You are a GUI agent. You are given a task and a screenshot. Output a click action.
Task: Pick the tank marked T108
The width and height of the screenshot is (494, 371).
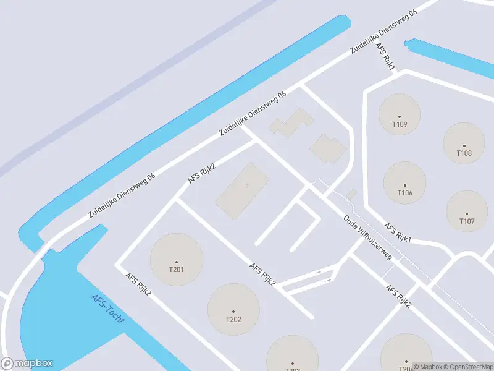coord(464,143)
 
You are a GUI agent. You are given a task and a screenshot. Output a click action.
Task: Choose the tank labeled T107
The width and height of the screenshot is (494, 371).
coord(467,211)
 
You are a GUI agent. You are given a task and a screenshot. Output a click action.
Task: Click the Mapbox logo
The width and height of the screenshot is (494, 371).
coord(27,364)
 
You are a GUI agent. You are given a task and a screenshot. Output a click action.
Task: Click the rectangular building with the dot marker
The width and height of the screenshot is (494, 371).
coord(243,190)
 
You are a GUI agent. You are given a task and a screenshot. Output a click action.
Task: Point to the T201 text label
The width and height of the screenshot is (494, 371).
coord(176,268)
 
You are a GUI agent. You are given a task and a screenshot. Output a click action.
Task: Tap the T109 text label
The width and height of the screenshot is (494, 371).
coord(400,124)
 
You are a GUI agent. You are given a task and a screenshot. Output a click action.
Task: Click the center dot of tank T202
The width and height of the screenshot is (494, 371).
coord(233,311)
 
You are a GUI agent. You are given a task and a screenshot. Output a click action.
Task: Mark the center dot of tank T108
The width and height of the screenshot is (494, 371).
coord(464,146)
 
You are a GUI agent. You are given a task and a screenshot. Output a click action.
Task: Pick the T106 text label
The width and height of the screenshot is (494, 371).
coord(405,193)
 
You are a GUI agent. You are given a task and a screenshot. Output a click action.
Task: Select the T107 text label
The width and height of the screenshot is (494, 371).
coord(467,221)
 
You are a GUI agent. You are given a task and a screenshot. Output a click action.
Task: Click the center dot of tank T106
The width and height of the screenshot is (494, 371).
coord(405,185)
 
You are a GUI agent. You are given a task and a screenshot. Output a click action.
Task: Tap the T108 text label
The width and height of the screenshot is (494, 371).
coord(464,153)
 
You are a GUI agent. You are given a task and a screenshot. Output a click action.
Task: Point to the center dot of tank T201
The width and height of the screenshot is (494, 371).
coord(176,262)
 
